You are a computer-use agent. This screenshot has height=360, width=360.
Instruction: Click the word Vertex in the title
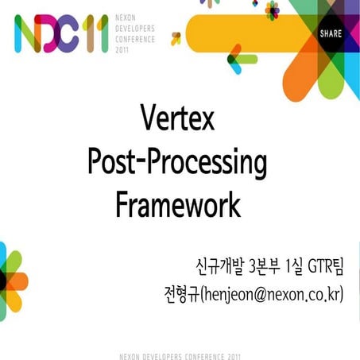[x=177, y=122]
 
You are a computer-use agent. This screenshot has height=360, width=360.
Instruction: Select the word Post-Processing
[x=177, y=163]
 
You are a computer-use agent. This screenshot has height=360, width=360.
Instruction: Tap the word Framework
[x=177, y=204]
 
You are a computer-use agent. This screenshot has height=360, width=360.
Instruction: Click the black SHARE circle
[x=330, y=34]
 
